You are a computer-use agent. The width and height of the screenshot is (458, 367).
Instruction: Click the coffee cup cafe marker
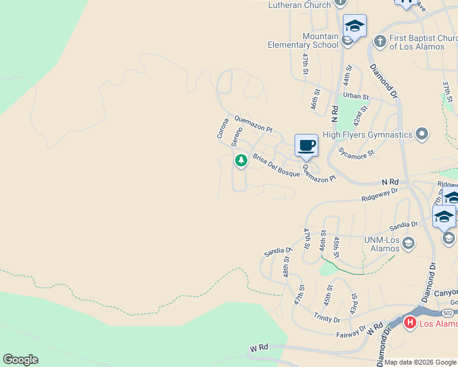coord(306,146)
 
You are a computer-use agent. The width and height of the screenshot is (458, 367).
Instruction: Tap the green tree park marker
coord(241,160)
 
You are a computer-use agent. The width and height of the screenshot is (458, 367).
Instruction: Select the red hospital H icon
coord(410,322)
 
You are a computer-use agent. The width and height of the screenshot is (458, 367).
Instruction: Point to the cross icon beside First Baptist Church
coord(380,41)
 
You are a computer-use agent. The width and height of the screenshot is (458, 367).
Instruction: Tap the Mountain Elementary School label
coord(303,41)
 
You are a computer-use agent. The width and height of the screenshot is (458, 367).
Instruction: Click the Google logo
coord(20,360)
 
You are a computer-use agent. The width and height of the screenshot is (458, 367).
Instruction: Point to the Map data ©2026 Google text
coord(420,362)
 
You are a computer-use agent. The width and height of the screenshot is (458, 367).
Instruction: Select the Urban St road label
coord(356,96)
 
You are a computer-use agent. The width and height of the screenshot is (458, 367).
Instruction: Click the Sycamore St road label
coord(356,153)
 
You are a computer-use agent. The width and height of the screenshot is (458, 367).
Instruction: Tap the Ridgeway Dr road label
coord(379,195)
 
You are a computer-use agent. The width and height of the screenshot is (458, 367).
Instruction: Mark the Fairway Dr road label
coord(350,334)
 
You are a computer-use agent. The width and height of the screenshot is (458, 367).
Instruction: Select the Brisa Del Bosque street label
coord(276,165)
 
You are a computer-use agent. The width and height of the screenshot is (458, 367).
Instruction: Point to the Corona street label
coord(222,128)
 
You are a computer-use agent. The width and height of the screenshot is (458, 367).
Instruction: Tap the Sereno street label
coord(236,136)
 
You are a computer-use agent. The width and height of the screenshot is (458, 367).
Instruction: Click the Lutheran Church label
coord(300,5)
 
